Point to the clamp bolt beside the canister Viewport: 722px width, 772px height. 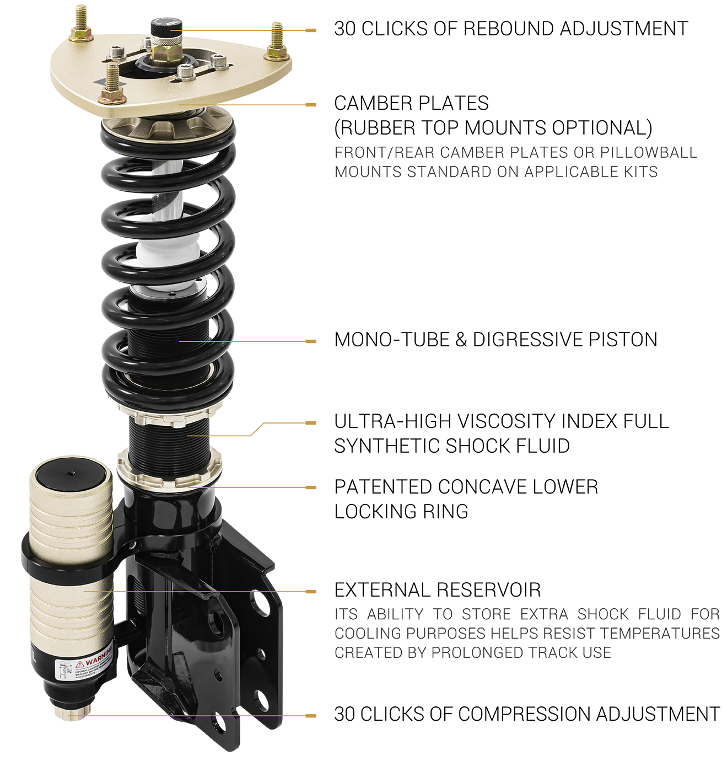click(x=133, y=546)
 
